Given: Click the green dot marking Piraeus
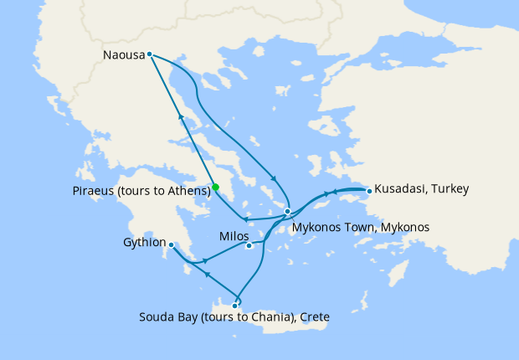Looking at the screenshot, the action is click(x=215, y=188).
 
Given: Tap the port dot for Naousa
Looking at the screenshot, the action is click(x=149, y=54).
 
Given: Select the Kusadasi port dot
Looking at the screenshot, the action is click(x=369, y=191).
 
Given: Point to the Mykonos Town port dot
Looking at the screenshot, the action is click(x=287, y=212).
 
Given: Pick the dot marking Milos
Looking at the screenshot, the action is click(x=249, y=245).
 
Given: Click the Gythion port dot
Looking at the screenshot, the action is click(x=171, y=245).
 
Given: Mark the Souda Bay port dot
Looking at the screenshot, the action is click(x=234, y=306).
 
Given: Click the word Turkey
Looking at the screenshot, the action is click(x=450, y=189).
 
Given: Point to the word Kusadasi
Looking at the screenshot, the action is click(x=399, y=189).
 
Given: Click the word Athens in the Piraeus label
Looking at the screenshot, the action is click(x=188, y=192).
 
